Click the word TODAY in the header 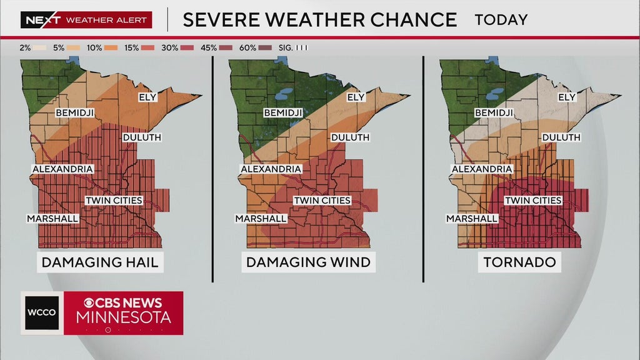pos(501,19)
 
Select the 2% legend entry pos(32,47)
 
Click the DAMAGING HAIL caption pos(100,262)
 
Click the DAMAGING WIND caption pos(308,262)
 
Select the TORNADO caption pos(520,262)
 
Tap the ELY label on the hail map pos(147,97)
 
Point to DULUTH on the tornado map pos(561,137)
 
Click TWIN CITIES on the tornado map pos(533,201)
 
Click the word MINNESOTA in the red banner pos(123,317)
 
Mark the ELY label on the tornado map pos(567,97)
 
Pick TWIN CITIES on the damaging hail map pos(114,201)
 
